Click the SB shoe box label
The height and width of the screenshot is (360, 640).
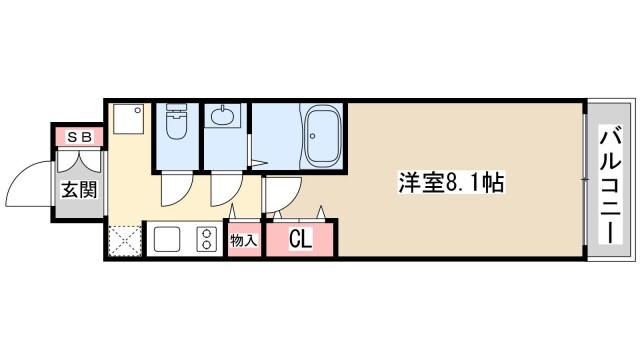(x=80, y=136)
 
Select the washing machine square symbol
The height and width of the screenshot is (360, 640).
(x=127, y=121)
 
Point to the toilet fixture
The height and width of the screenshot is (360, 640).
(x=176, y=126)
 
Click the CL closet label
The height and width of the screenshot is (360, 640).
(x=300, y=239)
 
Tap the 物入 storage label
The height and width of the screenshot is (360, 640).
(x=243, y=240)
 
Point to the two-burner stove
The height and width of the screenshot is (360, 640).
(x=208, y=240)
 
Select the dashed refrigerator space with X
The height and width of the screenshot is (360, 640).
(x=124, y=240)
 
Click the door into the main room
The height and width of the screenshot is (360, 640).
(x=280, y=193)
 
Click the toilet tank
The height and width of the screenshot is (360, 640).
(x=176, y=109)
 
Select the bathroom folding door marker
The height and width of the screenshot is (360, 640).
(x=256, y=160)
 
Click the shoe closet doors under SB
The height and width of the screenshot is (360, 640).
(x=80, y=160)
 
